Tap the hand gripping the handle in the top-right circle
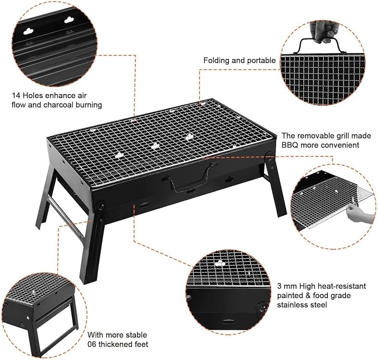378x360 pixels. click(322, 32)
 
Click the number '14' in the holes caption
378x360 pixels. click(16, 95)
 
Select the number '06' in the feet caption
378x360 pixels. click(92, 344)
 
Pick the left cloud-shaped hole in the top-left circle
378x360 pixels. click(28, 31)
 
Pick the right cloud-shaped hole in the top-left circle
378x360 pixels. click(69, 20)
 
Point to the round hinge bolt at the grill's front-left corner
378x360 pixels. click(100, 206)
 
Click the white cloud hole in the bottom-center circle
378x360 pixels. click(220, 263)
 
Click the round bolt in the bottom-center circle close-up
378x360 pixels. click(261, 308)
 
